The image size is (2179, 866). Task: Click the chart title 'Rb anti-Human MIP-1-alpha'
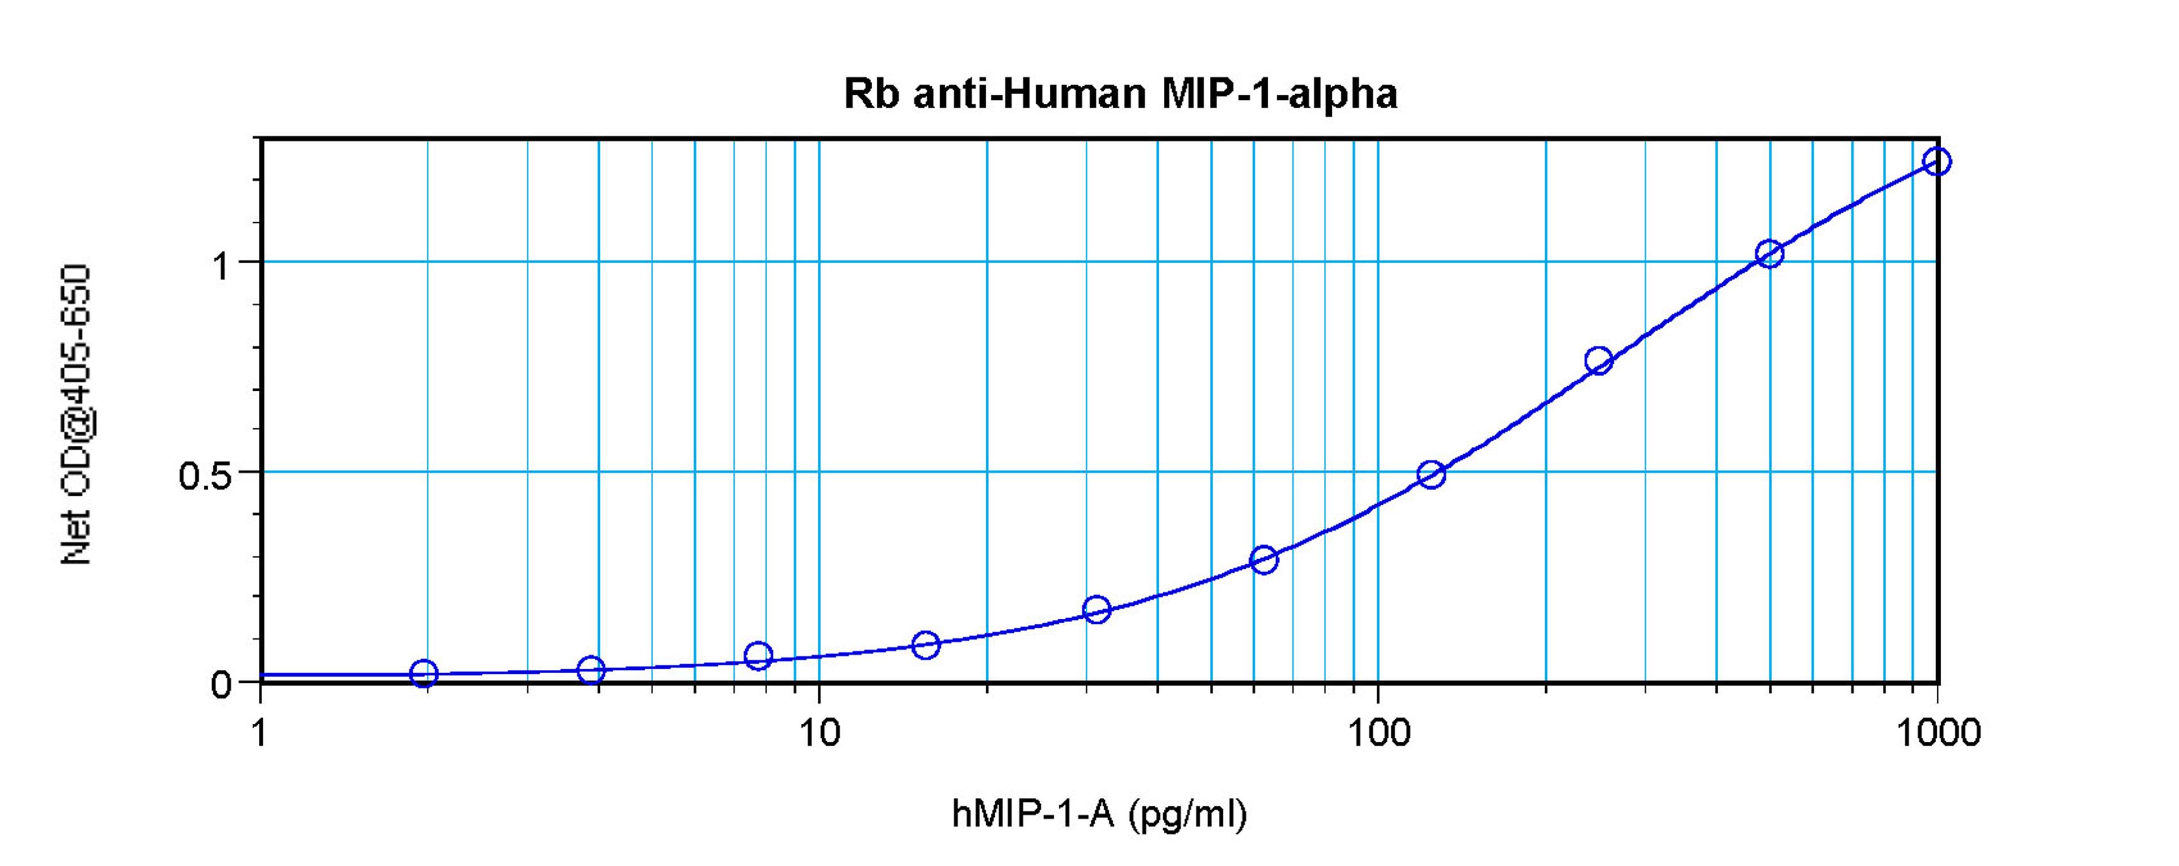pyautogui.click(x=1120, y=94)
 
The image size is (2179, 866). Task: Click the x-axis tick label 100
pyautogui.click(x=1378, y=732)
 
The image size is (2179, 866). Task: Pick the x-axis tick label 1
pyautogui.click(x=260, y=732)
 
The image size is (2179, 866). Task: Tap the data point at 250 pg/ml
pyautogui.click(x=1599, y=361)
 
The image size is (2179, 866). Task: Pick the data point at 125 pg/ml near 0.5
pyautogui.click(x=1431, y=475)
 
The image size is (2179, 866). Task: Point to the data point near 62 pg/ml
pyautogui.click(x=1264, y=559)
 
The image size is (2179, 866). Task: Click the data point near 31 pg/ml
pyautogui.click(x=1097, y=609)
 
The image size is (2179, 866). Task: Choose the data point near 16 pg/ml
pyautogui.click(x=926, y=645)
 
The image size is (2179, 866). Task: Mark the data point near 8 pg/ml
pyautogui.click(x=759, y=656)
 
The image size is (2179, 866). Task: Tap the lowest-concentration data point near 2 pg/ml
pyautogui.click(x=424, y=674)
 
